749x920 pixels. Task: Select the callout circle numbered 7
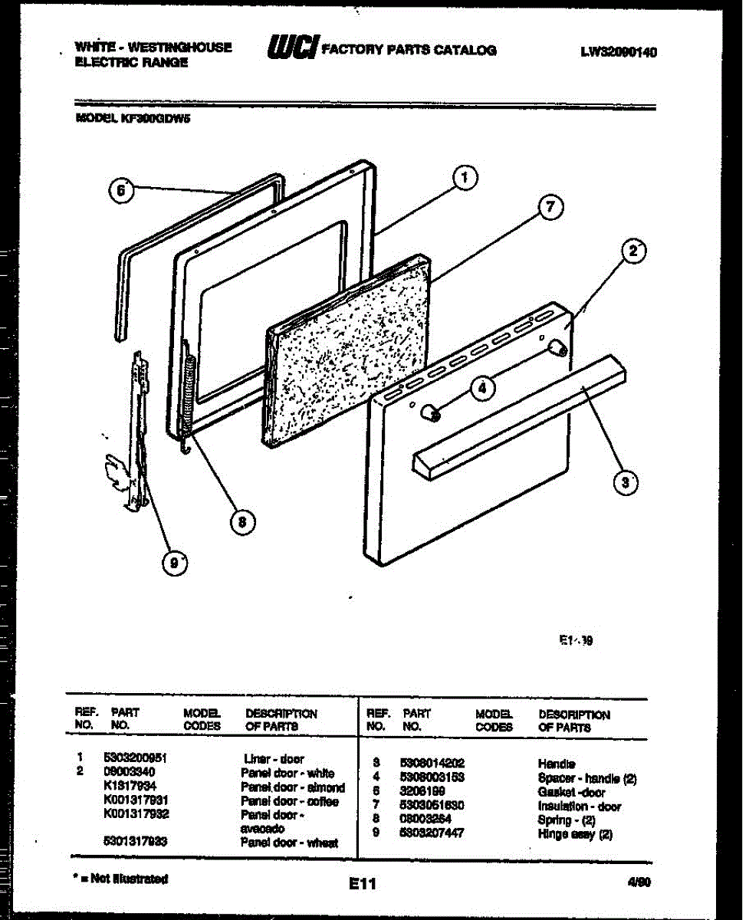550,208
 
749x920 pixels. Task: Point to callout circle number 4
481,389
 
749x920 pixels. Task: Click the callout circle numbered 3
626,482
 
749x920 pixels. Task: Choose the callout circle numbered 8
242,522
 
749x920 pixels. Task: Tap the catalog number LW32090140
619,52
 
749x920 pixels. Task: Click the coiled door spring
186,391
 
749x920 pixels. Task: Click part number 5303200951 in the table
135,758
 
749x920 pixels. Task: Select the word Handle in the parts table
557,764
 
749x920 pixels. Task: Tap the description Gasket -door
572,792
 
